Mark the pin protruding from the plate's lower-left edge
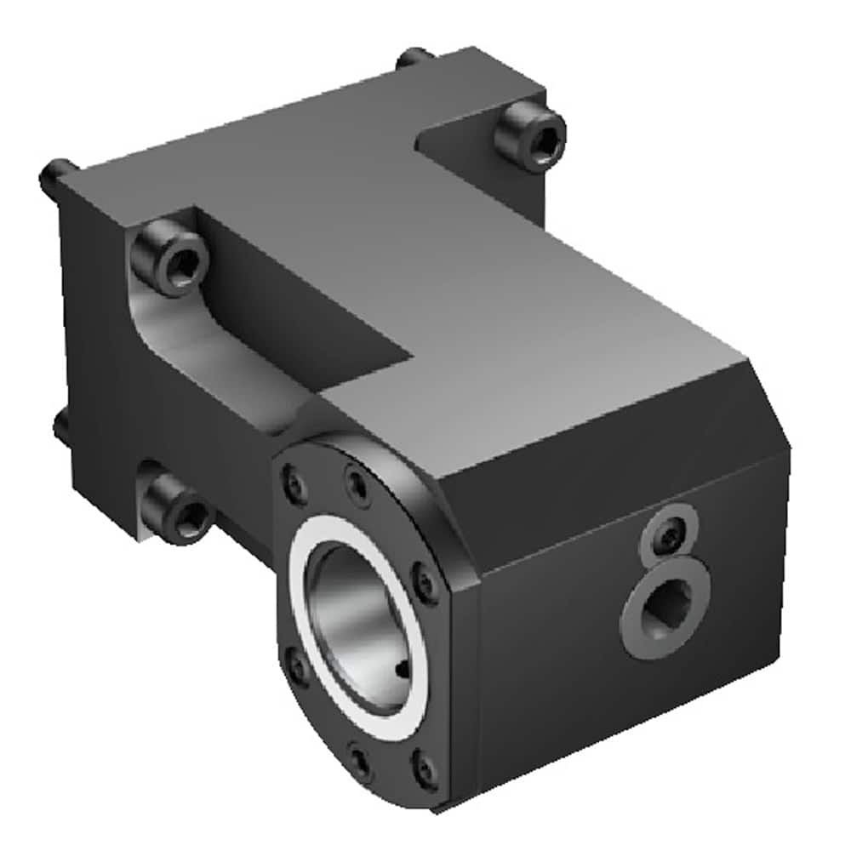click(60, 425)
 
